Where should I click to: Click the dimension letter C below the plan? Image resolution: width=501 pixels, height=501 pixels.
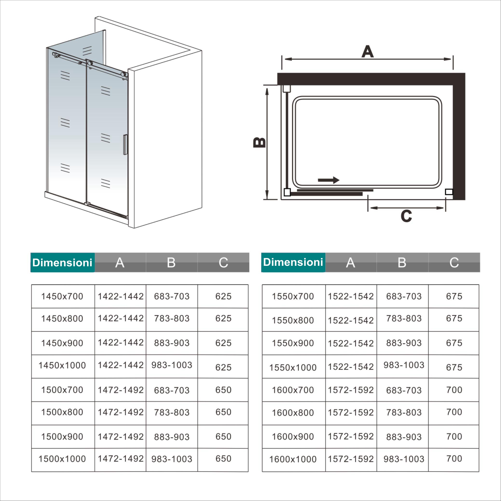[x=406, y=216]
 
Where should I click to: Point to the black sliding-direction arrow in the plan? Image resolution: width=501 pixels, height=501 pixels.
[x=329, y=180]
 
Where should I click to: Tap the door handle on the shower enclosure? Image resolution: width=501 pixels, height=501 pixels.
[x=125, y=144]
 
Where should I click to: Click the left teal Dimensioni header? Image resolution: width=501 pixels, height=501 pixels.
[x=62, y=262]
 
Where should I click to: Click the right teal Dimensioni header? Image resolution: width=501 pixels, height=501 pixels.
[x=293, y=262]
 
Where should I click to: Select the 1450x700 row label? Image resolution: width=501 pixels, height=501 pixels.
[x=62, y=296]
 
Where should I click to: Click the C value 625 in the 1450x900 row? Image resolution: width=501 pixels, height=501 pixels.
[x=223, y=343]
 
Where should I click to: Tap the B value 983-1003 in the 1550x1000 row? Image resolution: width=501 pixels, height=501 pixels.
[x=404, y=365]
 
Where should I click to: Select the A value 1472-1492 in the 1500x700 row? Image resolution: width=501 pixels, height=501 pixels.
[x=121, y=390]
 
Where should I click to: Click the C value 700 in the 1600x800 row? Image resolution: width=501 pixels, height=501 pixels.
[x=454, y=412]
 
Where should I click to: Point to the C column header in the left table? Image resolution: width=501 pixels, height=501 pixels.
[x=223, y=262]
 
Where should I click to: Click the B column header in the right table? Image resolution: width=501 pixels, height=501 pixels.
[x=402, y=262]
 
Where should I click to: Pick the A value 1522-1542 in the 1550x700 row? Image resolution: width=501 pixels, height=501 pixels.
[x=350, y=296]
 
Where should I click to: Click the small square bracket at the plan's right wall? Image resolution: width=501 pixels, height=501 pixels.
[x=449, y=192]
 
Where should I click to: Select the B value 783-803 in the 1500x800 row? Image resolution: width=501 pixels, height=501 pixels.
[x=172, y=412]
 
